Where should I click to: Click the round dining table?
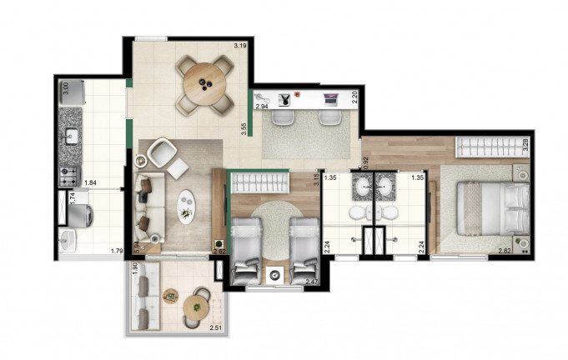click(204, 81)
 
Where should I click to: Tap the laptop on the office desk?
click(330, 98)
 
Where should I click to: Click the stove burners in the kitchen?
click(67, 176)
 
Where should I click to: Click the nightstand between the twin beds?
click(273, 275)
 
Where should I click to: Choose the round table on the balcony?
click(198, 305)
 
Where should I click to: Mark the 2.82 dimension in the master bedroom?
click(505, 249)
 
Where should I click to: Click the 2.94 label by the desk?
click(261, 106)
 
